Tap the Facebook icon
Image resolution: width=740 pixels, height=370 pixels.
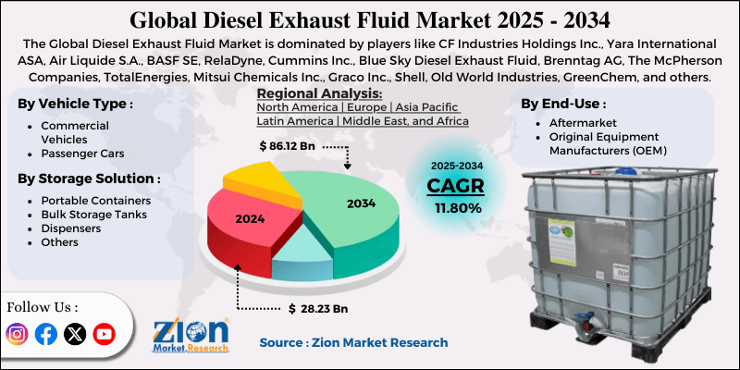[46, 334]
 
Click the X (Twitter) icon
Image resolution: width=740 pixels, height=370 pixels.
[75, 334]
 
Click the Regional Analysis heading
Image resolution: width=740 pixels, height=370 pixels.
[319, 93]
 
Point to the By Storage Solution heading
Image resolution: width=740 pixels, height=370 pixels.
[89, 178]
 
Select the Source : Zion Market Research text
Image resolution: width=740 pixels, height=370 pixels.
[353, 342]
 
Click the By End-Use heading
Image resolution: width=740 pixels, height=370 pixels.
[563, 103]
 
